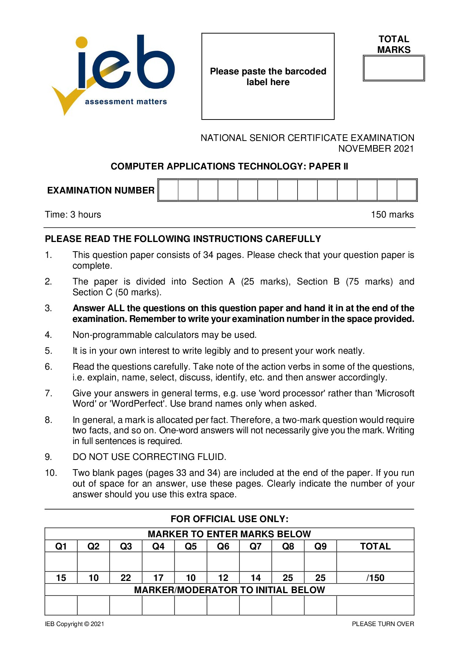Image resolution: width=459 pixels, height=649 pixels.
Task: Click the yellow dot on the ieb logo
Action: pos(81,42)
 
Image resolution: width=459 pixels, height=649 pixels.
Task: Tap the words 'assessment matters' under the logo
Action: pos(126,102)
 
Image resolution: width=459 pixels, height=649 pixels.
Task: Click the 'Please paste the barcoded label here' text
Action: pos(268,77)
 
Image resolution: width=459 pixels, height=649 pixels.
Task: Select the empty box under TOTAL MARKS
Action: pos(394,68)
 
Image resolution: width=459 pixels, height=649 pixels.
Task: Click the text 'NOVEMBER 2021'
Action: pos(376,149)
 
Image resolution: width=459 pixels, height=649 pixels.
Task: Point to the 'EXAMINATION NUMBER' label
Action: pos(101,190)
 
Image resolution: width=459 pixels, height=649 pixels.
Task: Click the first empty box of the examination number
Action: pos(168,190)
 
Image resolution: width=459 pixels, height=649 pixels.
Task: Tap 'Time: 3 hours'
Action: pos(73,215)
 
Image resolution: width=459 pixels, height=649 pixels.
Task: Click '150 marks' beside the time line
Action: pos(392,215)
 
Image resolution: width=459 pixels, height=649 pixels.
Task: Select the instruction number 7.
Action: pos(48,393)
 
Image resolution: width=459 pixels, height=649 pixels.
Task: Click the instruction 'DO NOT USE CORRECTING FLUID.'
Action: pos(149,457)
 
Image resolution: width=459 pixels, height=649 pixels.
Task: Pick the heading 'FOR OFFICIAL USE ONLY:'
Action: pos(229,519)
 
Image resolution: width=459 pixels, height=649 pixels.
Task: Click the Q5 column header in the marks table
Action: pos(191,546)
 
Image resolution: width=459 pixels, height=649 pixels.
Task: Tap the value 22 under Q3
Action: pos(126,578)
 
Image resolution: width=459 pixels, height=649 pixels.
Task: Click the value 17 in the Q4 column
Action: pos(158,578)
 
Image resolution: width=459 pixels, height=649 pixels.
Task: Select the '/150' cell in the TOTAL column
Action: pos(375,578)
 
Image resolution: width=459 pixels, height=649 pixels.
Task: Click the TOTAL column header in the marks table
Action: pos(375,546)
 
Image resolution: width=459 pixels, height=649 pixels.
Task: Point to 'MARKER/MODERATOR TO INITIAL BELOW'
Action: pos(229,590)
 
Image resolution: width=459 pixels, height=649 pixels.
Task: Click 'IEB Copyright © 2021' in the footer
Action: pos(74,624)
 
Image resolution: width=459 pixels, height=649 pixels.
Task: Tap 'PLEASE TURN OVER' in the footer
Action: pos(383,624)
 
